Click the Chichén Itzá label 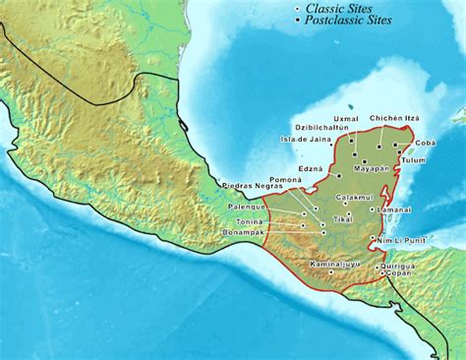(394, 118)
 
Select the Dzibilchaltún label (321, 129)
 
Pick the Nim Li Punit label (401, 240)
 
